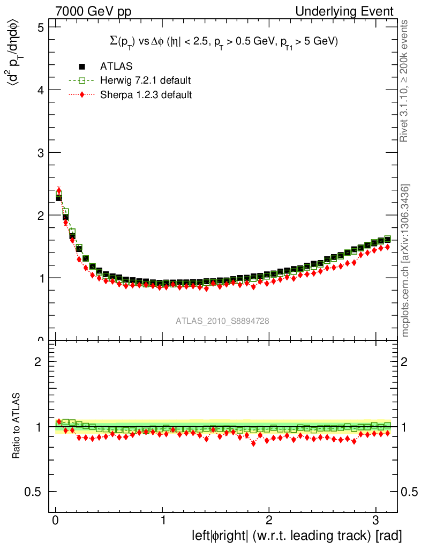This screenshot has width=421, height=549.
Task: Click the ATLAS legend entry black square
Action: (82, 66)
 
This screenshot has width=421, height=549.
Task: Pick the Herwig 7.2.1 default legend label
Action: (145, 80)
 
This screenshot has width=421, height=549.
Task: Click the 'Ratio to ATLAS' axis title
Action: (17, 426)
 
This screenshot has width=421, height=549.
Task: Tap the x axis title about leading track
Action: (296, 536)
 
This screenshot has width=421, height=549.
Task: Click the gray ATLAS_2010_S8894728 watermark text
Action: (222, 321)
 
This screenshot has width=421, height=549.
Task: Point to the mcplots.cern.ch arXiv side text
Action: (406, 261)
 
